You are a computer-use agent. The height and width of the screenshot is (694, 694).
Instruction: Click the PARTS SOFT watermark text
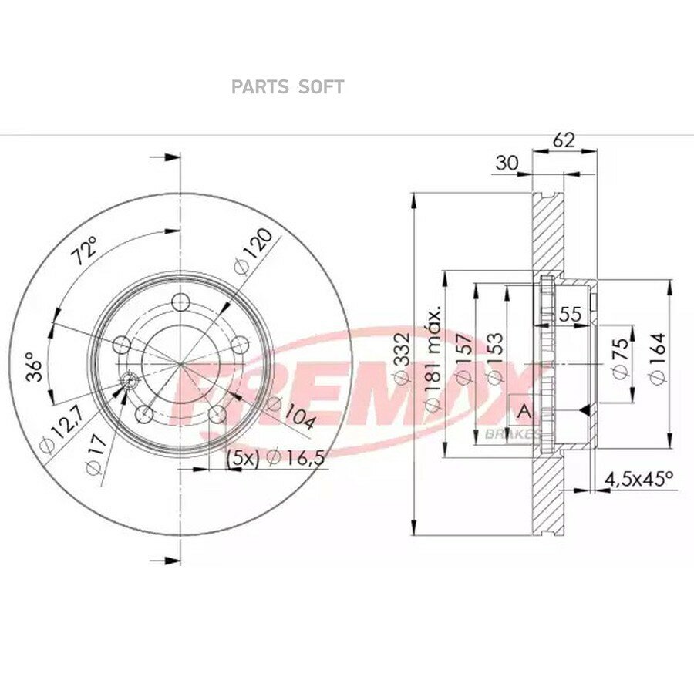[288, 87]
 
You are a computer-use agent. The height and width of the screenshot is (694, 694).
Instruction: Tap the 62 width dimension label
[564, 140]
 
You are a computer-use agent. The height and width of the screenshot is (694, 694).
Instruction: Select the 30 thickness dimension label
[507, 163]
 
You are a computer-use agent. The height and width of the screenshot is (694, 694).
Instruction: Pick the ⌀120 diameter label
[252, 252]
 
